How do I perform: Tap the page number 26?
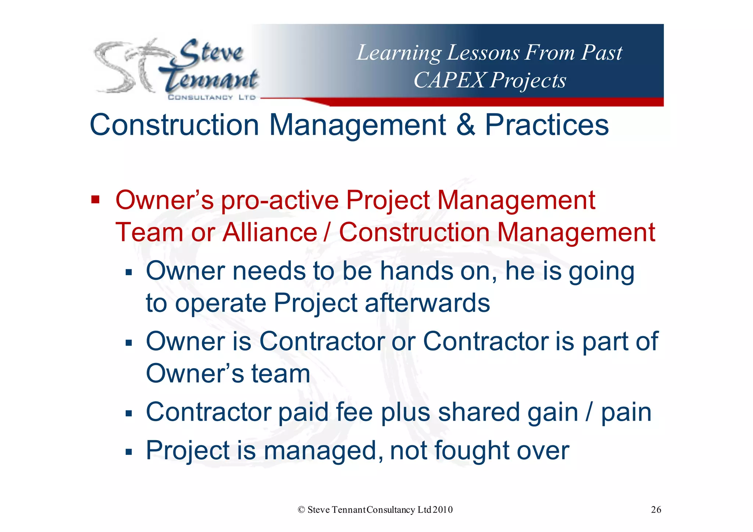656,510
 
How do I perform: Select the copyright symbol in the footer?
301,510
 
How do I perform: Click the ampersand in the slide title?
466,125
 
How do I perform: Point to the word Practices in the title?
547,125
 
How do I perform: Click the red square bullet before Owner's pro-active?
95,200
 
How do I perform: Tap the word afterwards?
427,303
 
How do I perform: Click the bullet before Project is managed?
128,452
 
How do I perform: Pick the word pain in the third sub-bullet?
626,413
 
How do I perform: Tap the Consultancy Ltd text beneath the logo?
211,97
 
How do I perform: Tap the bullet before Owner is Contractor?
128,343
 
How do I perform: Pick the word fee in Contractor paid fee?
354,412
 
